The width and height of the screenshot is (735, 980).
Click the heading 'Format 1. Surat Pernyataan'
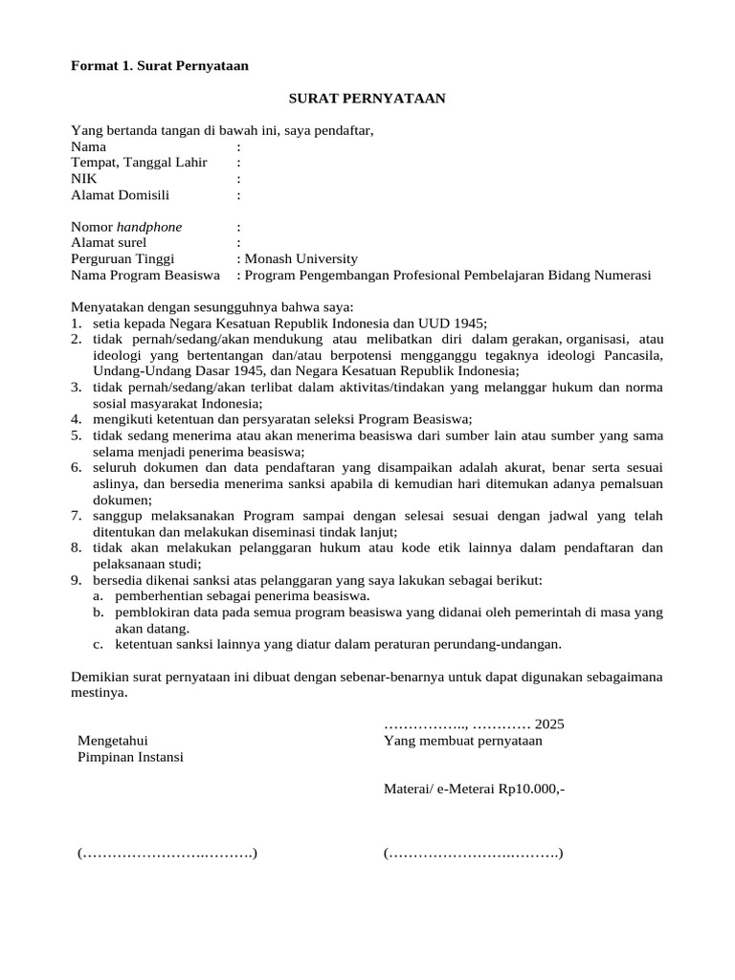coord(160,66)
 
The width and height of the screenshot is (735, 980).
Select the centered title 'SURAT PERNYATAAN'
coord(367,99)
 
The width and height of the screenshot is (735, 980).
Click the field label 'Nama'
coord(89,146)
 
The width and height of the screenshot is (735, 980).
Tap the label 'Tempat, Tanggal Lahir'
coord(139,163)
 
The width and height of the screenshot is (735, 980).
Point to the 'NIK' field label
coord(84,179)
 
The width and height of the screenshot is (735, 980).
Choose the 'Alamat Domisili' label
coord(120,195)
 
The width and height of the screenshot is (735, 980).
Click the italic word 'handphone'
coord(149,227)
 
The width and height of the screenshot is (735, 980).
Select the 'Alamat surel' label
coord(108,243)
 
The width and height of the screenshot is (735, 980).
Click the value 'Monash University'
coord(301,258)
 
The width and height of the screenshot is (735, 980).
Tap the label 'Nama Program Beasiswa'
coord(145,275)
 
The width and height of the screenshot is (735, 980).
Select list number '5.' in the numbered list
coord(77,435)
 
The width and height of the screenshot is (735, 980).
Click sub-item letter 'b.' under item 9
coord(99,612)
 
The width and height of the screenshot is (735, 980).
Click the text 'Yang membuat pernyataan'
coord(462,740)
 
